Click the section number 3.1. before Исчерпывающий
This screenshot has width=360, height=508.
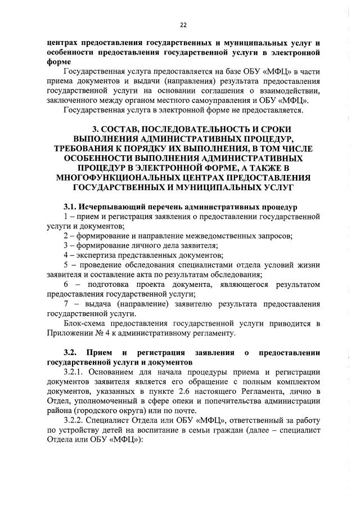[x=72, y=207]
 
